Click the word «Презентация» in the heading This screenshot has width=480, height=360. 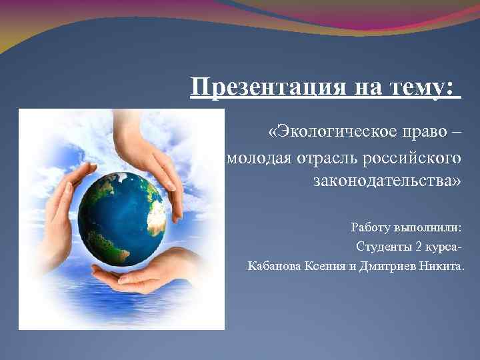tap(259, 87)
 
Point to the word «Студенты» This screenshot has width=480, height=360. tap(383, 247)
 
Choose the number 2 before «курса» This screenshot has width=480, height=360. tap(418, 247)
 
